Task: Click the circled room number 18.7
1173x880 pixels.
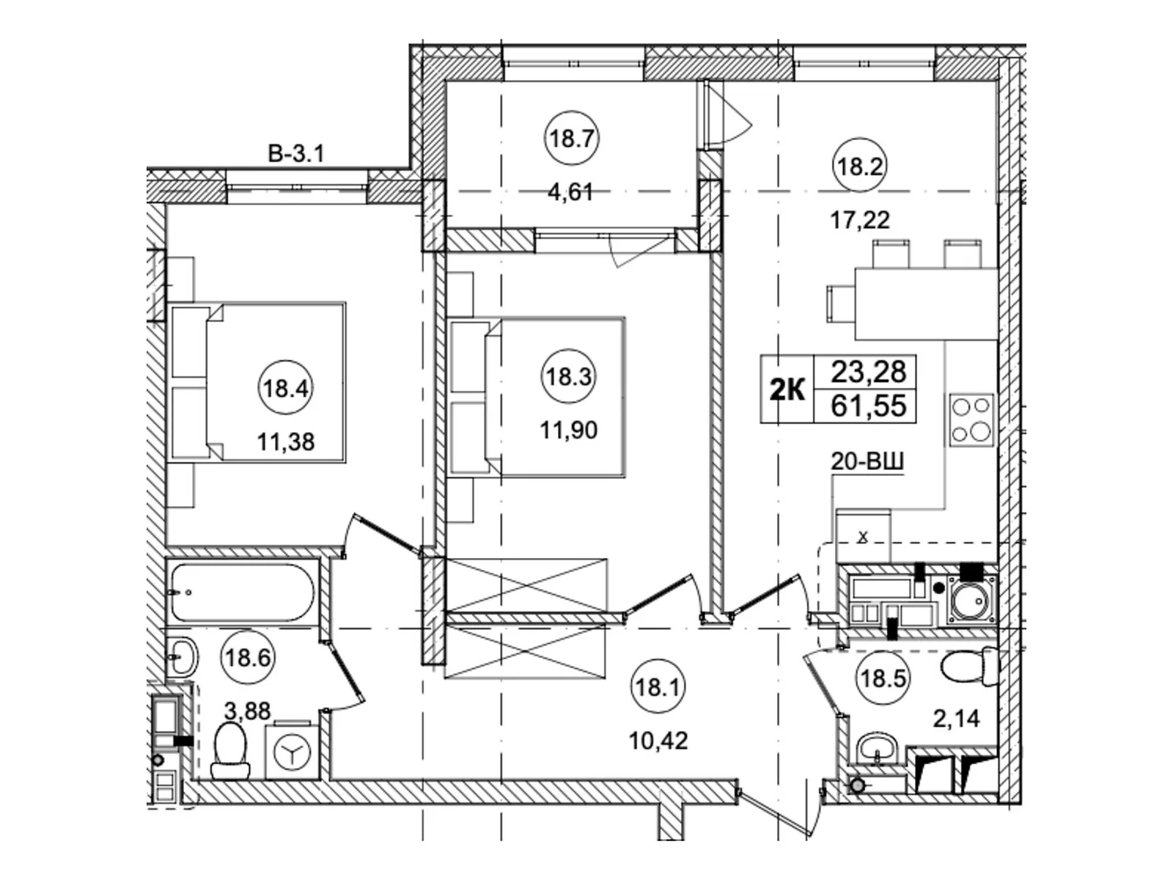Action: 571,139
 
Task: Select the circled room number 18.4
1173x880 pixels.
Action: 286,389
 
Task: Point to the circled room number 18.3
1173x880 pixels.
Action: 568,377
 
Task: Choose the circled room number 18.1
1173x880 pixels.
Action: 658,686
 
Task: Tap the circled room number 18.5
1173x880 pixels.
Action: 882,678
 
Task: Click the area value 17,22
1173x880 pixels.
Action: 860,219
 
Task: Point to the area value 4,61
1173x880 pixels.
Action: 570,192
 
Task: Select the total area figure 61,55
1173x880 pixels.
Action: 869,406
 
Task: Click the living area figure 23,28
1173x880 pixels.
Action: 869,371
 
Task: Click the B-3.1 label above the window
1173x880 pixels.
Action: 296,155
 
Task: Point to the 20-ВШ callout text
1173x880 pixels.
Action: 867,462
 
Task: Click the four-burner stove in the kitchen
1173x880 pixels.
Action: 971,420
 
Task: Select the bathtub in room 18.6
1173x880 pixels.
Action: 243,593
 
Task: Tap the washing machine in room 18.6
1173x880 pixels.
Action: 293,749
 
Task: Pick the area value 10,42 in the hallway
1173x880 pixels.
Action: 658,741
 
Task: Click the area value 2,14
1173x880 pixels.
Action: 957,719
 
